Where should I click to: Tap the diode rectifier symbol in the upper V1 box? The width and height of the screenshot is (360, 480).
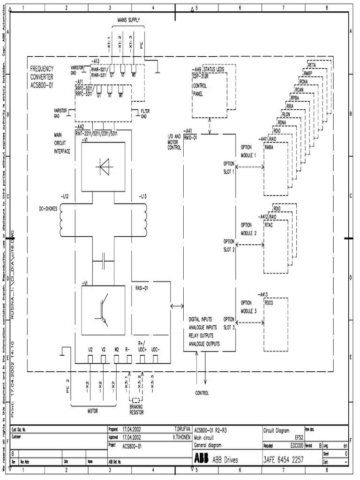(x=104, y=166)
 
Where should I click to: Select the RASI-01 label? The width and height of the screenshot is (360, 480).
(x=142, y=288)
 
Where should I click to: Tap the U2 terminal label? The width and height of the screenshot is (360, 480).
(x=90, y=349)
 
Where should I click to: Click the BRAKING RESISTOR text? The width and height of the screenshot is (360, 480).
(x=136, y=410)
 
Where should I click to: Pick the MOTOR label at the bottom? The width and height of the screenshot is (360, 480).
(x=93, y=411)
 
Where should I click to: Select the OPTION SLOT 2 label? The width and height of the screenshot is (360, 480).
(x=229, y=245)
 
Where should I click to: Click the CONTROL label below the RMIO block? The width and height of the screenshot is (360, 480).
(x=202, y=393)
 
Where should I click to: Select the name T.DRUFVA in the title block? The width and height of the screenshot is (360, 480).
(x=181, y=428)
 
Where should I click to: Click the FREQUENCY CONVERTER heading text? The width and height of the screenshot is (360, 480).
(x=42, y=75)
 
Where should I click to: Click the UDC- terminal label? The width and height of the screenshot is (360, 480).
(x=156, y=349)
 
